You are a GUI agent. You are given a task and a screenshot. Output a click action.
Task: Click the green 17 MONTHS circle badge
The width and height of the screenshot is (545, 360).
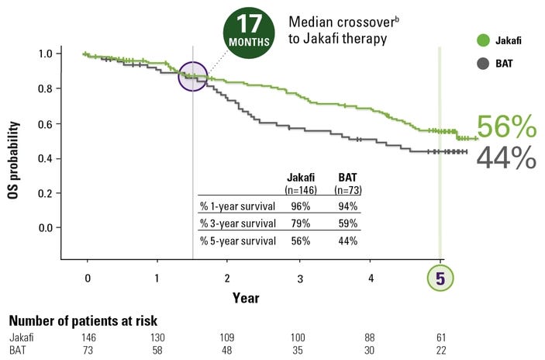pos(249,33)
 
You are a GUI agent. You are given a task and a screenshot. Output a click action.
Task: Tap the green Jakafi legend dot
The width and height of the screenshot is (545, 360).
pos(483,40)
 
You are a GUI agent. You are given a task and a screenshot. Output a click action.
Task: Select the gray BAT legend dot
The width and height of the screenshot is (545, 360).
pos(483,64)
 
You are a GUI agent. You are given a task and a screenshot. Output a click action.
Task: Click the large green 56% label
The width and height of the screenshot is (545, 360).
pos(507,126)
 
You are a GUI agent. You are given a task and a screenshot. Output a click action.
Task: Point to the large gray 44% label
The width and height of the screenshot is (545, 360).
pos(506,157)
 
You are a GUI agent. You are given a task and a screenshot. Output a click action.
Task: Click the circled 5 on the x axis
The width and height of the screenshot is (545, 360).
pos(440,279)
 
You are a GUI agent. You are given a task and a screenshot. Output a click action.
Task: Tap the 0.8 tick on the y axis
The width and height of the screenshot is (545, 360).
pos(45,88)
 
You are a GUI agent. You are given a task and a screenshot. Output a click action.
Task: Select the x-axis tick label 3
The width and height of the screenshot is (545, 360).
pos(300,279)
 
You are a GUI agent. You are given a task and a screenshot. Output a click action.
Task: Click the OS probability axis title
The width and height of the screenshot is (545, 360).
pos(13,160)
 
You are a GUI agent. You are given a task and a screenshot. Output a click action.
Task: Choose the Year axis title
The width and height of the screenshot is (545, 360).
pos(246,298)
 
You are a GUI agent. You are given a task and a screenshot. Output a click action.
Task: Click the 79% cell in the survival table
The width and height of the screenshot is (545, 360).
pos(301,223)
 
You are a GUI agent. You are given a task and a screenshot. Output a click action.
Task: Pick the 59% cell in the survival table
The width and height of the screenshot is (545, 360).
pos(348,223)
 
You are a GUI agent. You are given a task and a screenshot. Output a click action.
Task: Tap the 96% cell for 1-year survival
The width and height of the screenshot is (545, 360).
pos(301,206)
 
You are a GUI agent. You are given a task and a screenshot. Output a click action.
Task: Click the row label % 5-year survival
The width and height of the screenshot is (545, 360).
pos(238,241)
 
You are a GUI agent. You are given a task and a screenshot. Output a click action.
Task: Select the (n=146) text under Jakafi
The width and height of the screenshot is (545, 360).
pos(301,190)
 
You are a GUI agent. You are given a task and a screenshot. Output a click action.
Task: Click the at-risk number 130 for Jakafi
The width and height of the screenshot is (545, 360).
pos(157,337)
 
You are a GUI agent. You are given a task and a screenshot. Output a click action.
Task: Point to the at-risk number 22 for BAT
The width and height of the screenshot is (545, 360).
pos(441,350)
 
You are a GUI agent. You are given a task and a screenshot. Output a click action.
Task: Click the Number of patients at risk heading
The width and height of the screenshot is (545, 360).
pos(83,320)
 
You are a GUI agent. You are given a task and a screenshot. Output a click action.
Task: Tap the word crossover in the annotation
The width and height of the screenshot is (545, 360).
pos(366,22)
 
